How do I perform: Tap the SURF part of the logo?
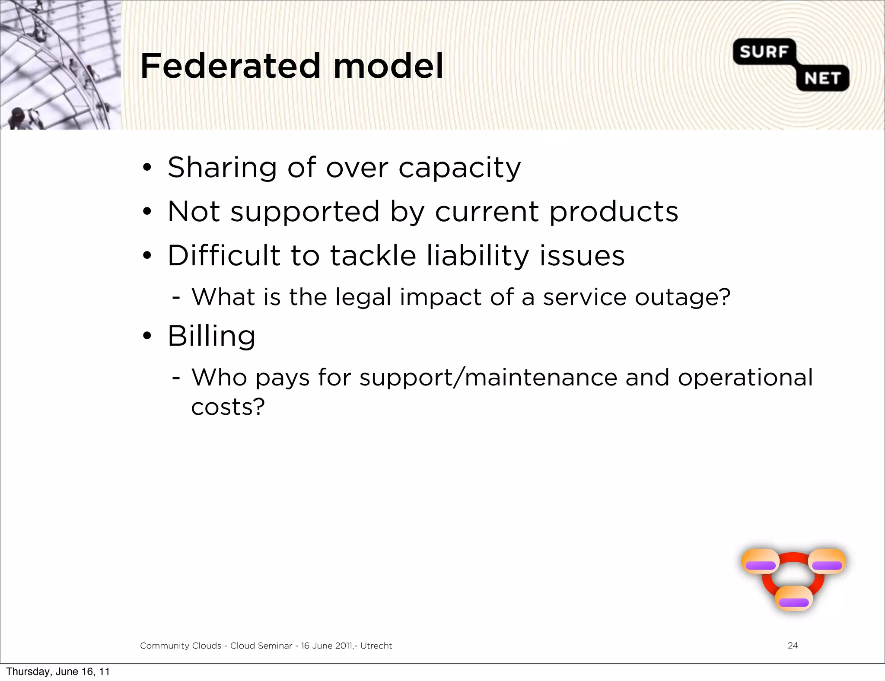click(764, 52)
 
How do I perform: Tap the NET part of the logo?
click(822, 78)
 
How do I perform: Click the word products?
click(614, 213)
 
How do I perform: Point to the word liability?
click(478, 256)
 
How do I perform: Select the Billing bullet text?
click(212, 336)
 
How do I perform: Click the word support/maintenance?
click(488, 378)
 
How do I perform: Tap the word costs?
click(228, 407)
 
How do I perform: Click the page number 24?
click(793, 646)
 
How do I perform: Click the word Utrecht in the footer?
click(376, 646)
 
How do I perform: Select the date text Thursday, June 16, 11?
click(58, 671)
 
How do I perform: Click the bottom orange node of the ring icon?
click(794, 598)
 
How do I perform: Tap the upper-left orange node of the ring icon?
click(761, 561)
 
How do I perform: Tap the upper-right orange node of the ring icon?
click(827, 561)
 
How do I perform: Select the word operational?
click(745, 378)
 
